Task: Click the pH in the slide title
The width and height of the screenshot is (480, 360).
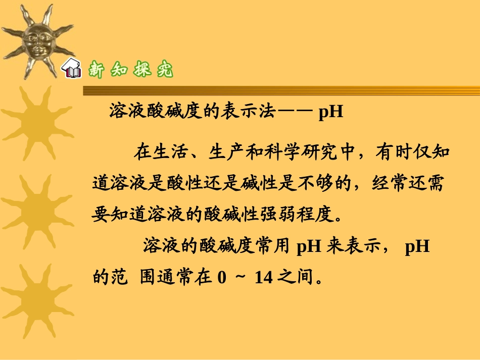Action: [331, 111]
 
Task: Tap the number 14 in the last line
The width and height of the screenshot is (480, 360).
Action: [264, 277]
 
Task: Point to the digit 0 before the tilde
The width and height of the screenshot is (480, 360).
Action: [221, 277]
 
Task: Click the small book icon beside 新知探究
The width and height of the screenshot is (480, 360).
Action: [72, 69]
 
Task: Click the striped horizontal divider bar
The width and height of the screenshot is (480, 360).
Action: [281, 90]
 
